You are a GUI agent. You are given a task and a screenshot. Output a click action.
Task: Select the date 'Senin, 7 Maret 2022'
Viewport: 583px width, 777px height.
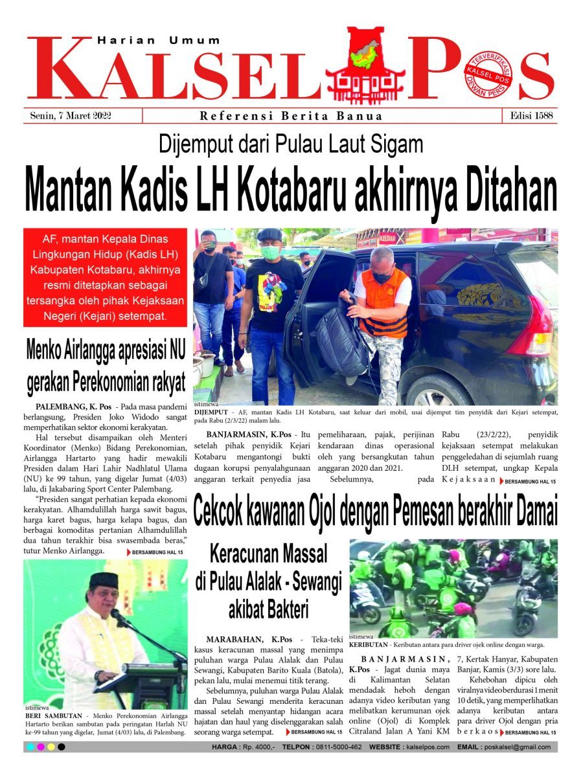(71, 116)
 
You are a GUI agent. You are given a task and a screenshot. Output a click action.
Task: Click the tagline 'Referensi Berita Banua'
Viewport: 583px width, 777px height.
(291, 117)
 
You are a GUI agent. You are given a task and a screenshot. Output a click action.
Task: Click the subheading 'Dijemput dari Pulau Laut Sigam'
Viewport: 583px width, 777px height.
(291, 144)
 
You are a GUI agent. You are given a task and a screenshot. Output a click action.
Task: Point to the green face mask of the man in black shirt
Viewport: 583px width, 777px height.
(271, 253)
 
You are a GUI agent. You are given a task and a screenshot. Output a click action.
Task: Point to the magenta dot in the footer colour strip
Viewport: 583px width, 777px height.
(41, 747)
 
